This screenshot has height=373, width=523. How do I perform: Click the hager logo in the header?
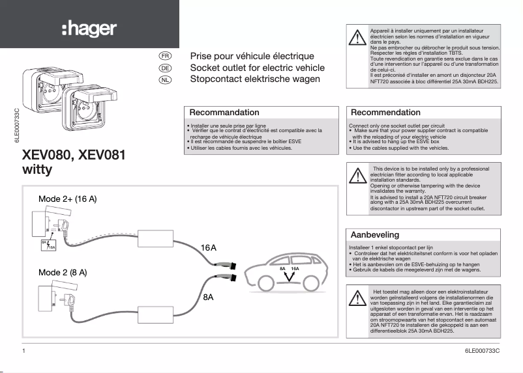point(89,29)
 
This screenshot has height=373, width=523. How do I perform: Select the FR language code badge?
point(165,57)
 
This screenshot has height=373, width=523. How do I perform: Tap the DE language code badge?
point(165,68)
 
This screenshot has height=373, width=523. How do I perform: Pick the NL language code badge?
point(165,79)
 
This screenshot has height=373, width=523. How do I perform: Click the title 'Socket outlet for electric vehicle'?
point(257,68)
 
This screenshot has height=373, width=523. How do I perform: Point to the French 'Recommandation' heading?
point(224,113)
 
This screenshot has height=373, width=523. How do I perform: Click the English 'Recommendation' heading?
point(386,113)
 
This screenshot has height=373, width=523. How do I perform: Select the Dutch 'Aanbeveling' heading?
point(375,234)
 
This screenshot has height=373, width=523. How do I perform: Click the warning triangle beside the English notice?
point(357,176)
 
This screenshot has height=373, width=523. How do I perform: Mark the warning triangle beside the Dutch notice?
point(357,298)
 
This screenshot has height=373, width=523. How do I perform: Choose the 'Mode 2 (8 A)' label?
point(63,272)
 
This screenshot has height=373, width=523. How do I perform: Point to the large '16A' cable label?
point(209,248)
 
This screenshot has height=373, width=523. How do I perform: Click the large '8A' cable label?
point(209,297)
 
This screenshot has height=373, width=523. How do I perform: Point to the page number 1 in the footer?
point(23,351)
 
